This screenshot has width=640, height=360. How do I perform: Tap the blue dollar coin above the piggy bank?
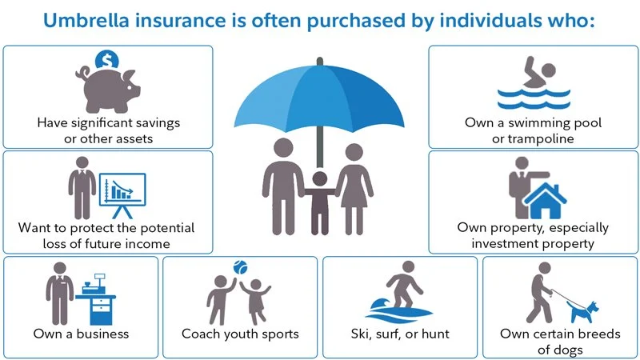106,58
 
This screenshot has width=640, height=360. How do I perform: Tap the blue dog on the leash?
588,308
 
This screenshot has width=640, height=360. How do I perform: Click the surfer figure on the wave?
402,288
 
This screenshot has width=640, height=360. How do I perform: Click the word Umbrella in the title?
82,20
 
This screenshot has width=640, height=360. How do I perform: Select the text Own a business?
81,333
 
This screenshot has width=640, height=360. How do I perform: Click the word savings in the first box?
157,123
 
